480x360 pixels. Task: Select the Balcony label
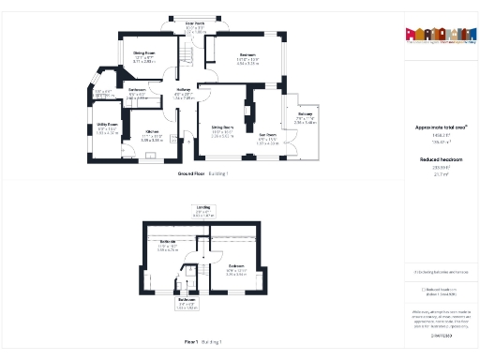pyautogui.click(x=305, y=118)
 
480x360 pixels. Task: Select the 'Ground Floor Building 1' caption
pyautogui.click(x=202, y=173)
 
